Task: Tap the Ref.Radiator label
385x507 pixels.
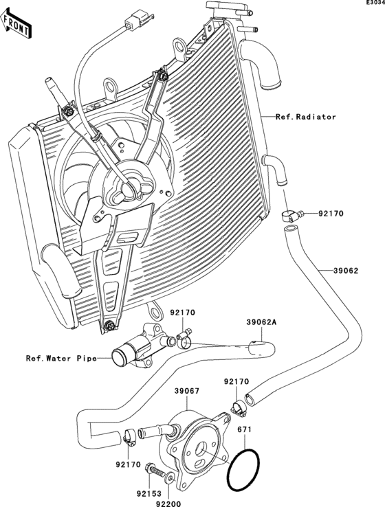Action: coord(306,117)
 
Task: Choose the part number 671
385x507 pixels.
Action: coord(243,429)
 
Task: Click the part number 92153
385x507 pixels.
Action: coord(148,493)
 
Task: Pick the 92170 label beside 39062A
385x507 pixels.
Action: coord(184,313)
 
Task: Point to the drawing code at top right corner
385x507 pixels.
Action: coord(374,3)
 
